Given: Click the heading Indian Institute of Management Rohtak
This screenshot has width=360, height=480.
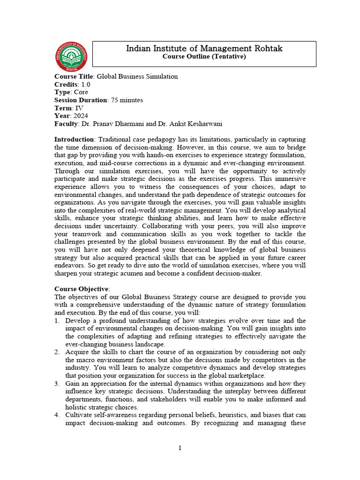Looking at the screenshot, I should point(204,48).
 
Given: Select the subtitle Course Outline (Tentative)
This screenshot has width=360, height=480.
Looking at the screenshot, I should point(204,57).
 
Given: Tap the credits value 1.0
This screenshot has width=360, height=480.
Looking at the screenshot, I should point(86,84).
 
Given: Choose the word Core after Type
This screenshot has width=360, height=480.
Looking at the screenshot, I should point(81,92).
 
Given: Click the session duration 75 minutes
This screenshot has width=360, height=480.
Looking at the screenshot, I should point(127,100).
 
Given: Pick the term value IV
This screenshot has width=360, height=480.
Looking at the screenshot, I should point(79,108).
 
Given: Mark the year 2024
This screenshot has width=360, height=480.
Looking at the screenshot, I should point(80,116).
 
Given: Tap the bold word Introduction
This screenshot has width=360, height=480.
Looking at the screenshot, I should point(74,140).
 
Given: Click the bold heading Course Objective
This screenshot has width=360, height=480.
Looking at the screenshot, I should point(81,289).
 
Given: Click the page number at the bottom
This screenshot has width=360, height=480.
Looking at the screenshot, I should point(180,448).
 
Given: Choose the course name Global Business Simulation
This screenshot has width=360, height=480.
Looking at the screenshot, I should point(137,76).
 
